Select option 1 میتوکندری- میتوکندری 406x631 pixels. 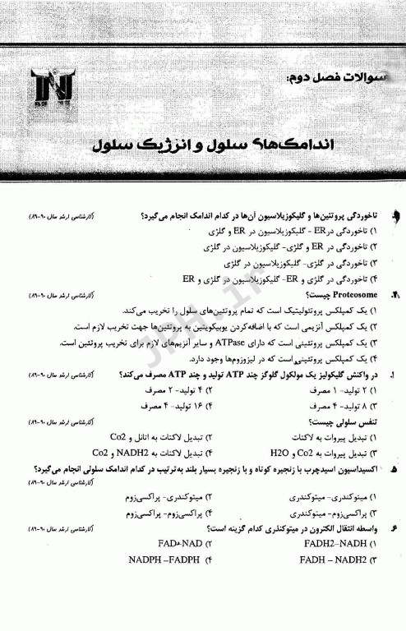click(330, 497)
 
